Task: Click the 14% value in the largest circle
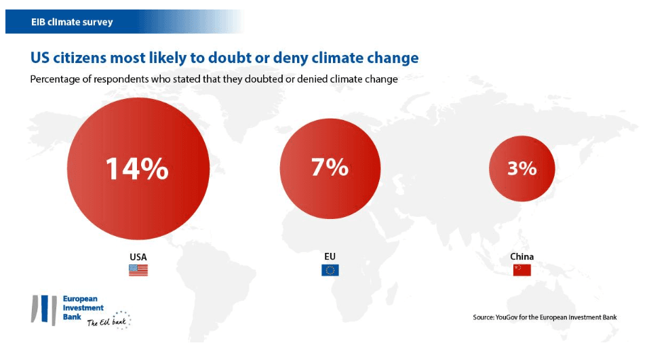(137, 169)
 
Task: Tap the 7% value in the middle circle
(330, 167)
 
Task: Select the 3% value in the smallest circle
(522, 169)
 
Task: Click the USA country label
(138, 257)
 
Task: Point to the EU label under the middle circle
(330, 256)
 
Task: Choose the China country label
(522, 257)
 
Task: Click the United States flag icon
(138, 270)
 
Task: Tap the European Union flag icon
(330, 270)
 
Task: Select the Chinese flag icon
(522, 270)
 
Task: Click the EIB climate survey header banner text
(72, 22)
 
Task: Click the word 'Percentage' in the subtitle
(58, 79)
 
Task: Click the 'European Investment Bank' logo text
(80, 307)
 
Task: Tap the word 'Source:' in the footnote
(485, 317)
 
